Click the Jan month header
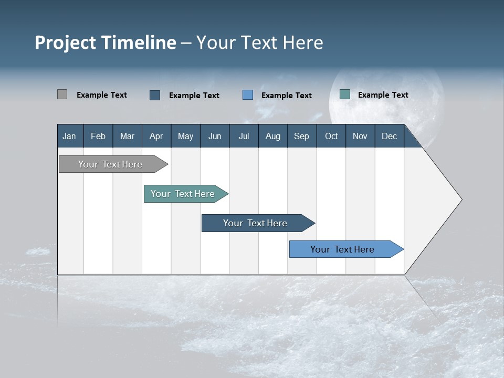pos(69,136)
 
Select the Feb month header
pos(98,136)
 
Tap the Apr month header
pos(156,136)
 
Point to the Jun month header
pos(215,136)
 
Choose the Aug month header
pos(272,136)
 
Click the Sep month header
pos(301,136)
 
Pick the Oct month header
pos(331,136)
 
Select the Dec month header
pos(389,136)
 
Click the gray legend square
pos(62,94)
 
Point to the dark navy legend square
pos(155,95)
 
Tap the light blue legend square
pos(248,94)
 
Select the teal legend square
pos(345,94)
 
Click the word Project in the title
pos(65,43)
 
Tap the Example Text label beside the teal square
pos(383,95)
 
